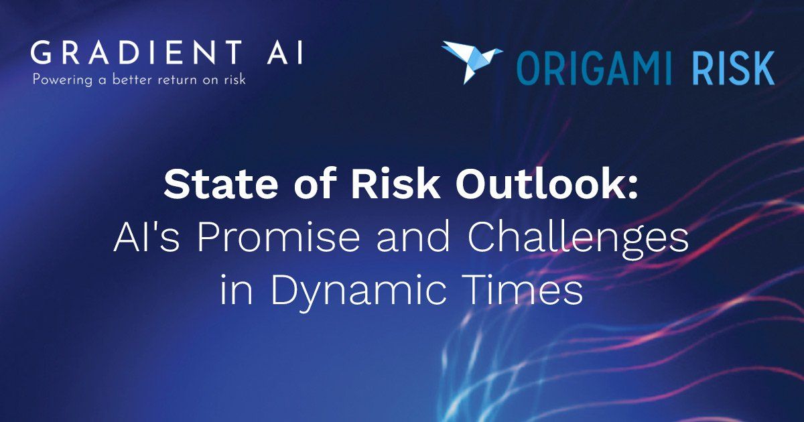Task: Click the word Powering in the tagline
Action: pos(58,80)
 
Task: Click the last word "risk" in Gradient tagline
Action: pos(233,80)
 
